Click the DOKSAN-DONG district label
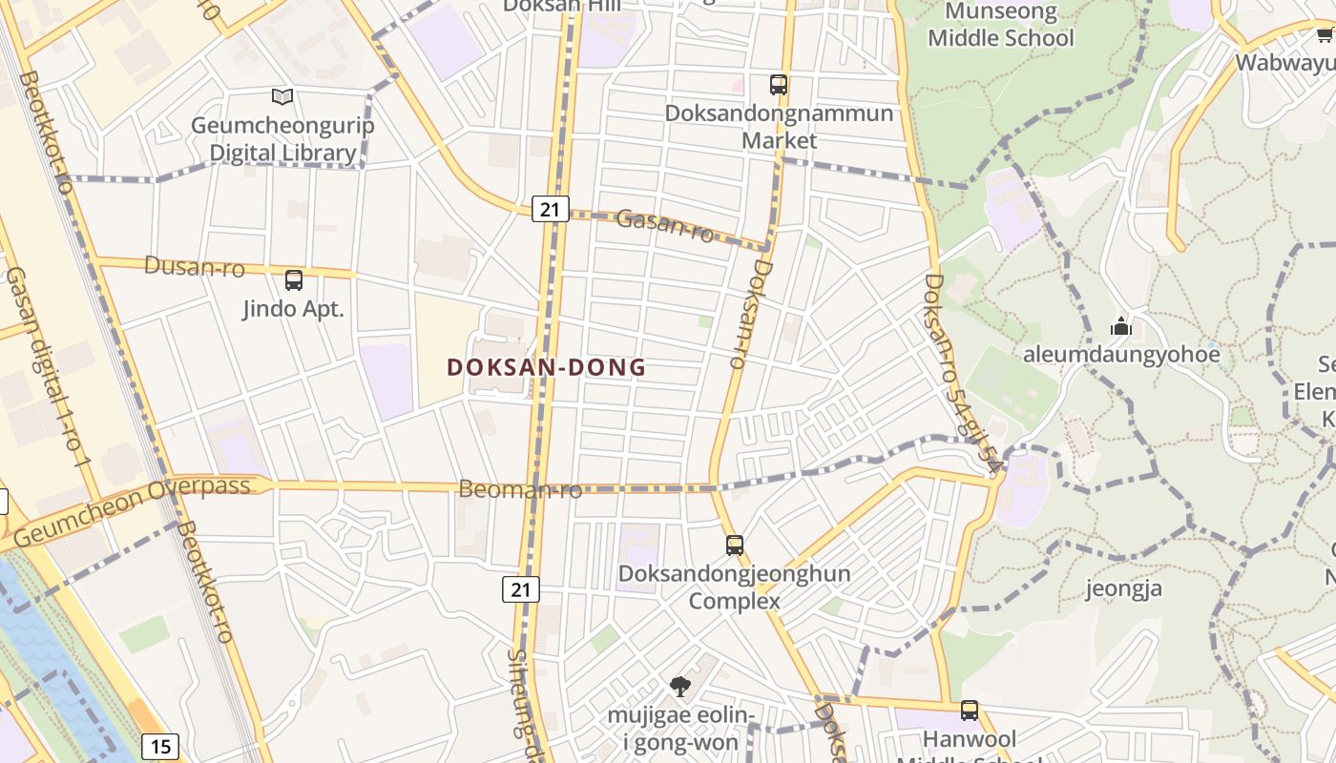coord(546,367)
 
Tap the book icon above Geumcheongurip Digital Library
coord(282,96)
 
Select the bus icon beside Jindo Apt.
coord(294,280)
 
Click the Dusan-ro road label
coord(194,266)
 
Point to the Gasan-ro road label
coord(665,225)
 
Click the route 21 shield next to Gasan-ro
coord(550,209)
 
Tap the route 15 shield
coord(160,746)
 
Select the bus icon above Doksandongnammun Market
coord(779,84)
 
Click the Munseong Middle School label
coord(1000,26)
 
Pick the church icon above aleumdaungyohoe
coord(1120,327)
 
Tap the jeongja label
coord(1124,588)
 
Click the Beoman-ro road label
coord(520,490)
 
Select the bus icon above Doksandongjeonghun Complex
coord(734,546)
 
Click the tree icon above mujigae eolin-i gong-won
coord(679,686)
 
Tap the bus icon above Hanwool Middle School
coord(970,711)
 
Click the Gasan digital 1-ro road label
coord(47,367)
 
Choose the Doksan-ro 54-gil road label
coord(963,373)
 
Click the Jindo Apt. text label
coord(293,309)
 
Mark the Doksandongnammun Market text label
coord(779,127)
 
